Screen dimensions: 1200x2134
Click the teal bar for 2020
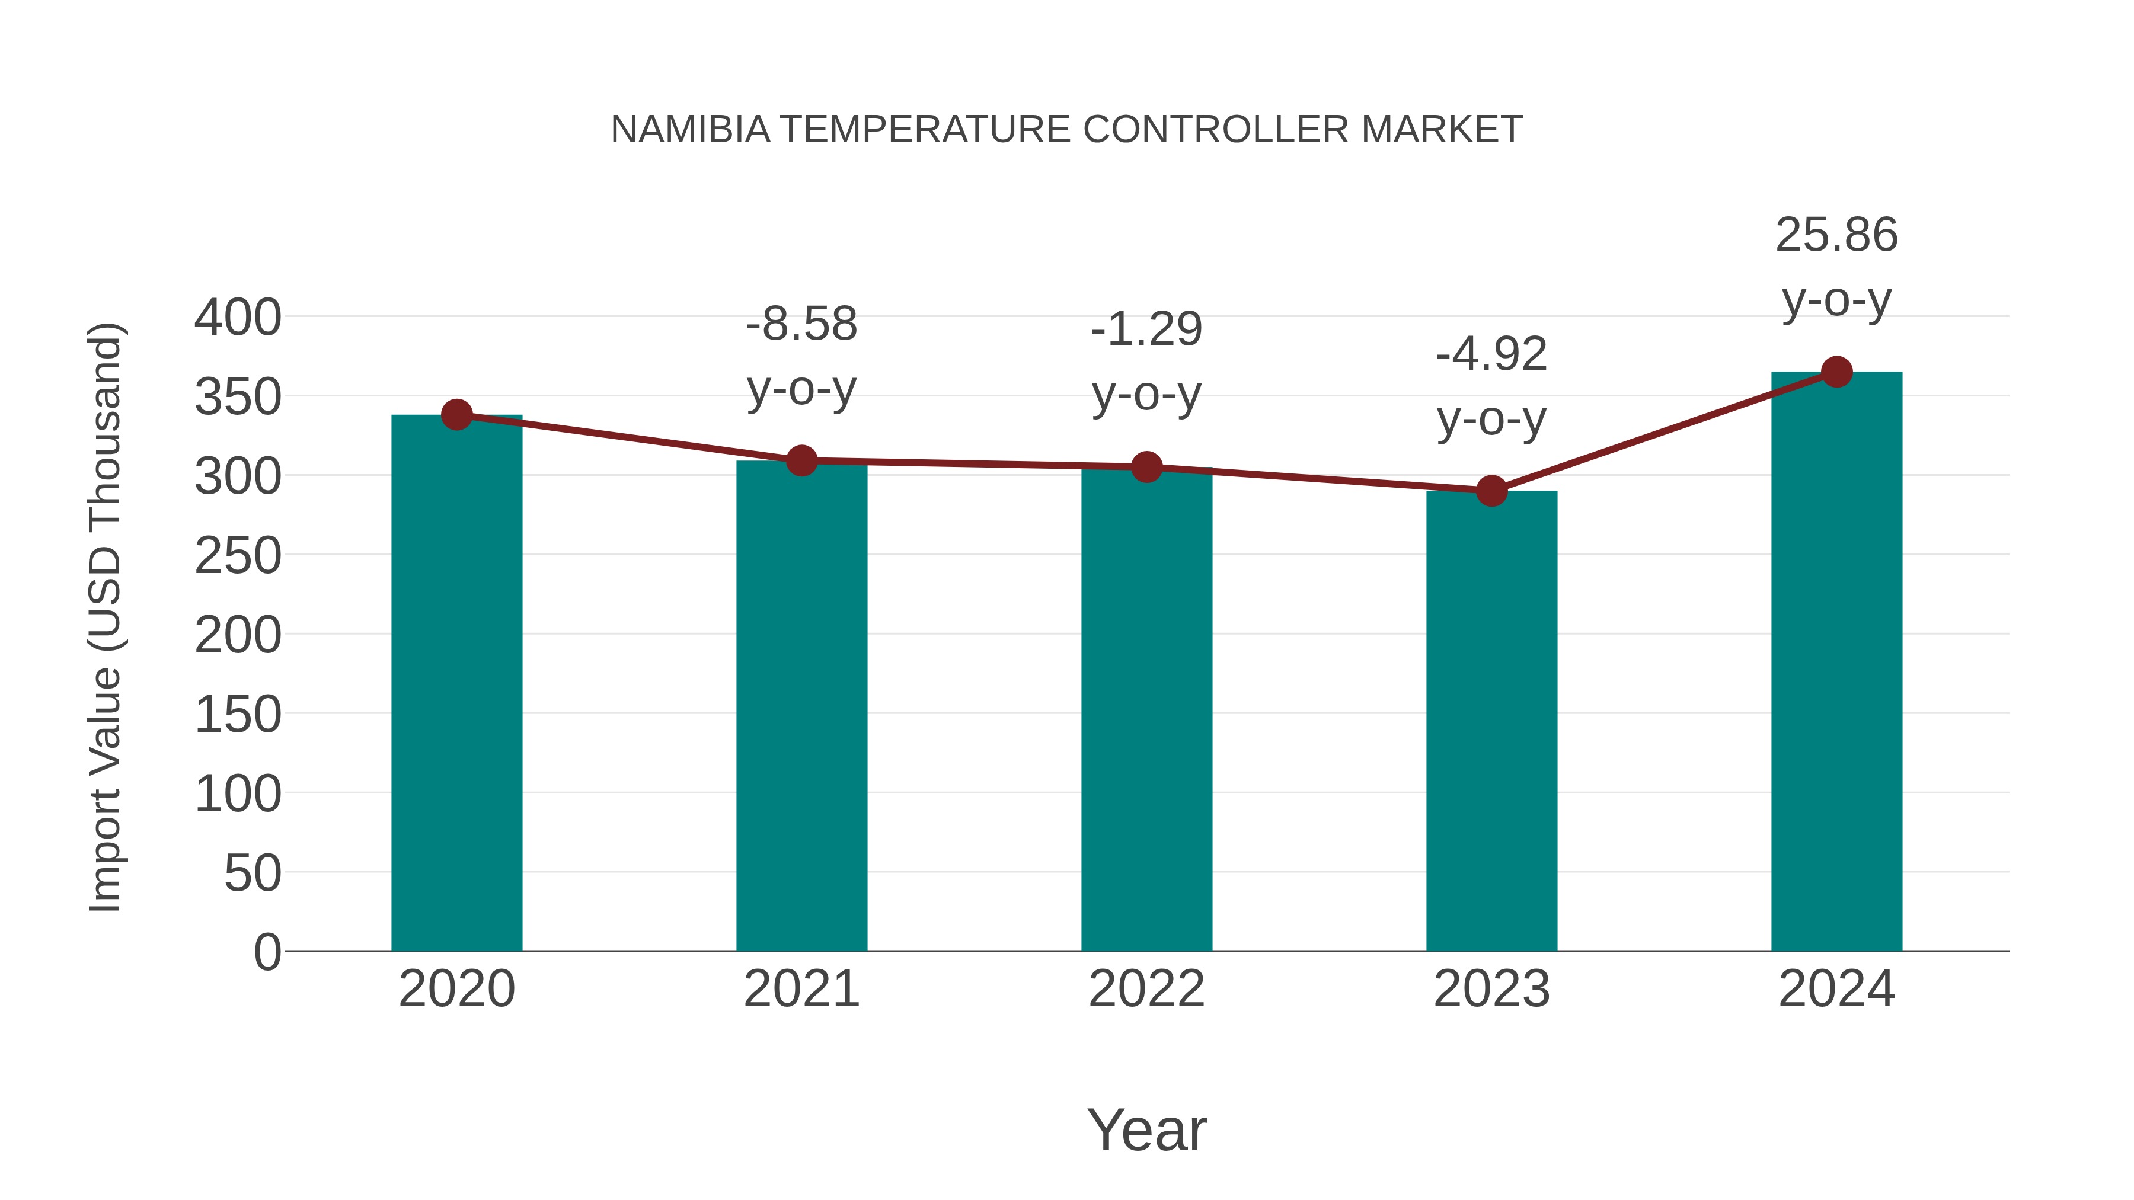[456, 683]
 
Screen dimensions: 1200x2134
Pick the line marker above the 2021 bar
[801, 460]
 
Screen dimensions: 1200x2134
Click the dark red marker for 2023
[1491, 491]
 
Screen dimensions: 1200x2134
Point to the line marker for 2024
[1836, 372]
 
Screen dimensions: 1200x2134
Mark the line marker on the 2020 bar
[456, 414]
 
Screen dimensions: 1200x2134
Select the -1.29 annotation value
[1146, 329]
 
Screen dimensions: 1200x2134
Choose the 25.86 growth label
[1836, 235]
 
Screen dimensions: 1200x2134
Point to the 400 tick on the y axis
[238, 317]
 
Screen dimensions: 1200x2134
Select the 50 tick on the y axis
[253, 873]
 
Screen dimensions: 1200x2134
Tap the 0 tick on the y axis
[267, 952]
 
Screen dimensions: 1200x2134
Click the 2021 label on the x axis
[801, 989]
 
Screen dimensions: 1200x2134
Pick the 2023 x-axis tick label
[1491, 989]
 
